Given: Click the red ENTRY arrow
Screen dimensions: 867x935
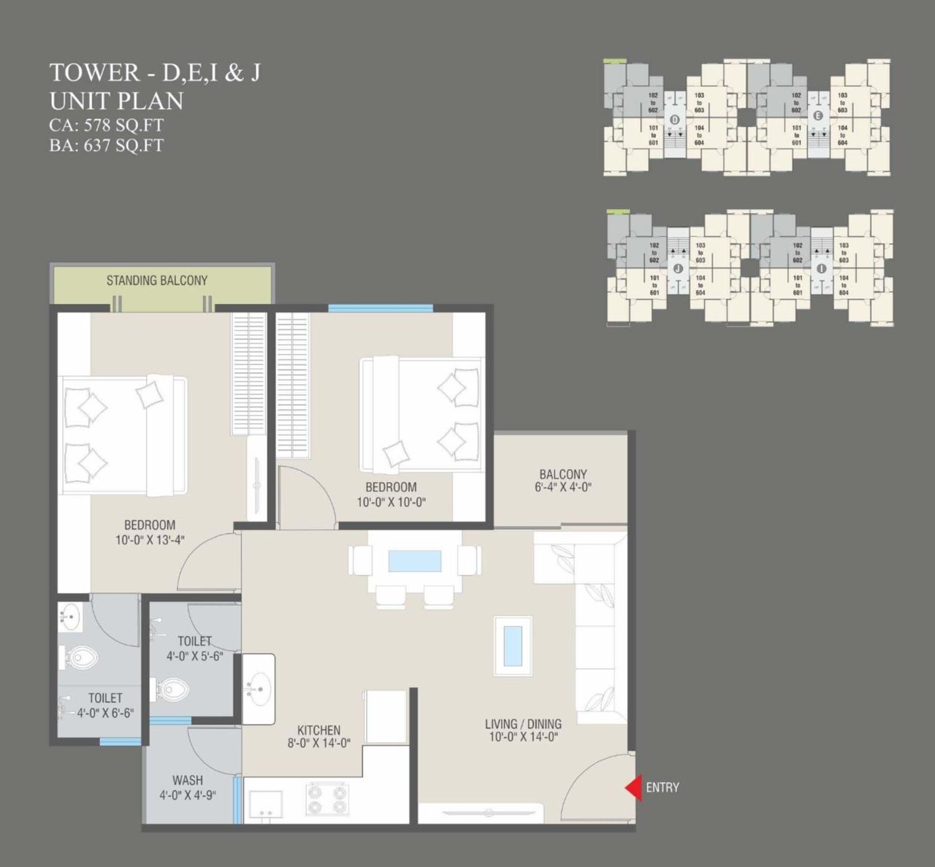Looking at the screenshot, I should point(633,787).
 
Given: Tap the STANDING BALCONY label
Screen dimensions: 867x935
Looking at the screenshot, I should point(156,280).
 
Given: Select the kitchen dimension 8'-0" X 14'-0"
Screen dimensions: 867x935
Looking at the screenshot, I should point(318,744).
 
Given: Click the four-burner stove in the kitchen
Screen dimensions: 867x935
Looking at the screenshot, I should point(327,798).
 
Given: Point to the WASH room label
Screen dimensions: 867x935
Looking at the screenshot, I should point(188,780).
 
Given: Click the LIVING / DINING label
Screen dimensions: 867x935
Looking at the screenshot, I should point(523,724).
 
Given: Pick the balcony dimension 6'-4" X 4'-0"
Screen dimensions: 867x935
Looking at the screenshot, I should point(562,487).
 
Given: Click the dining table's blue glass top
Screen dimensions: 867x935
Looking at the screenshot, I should point(415,560).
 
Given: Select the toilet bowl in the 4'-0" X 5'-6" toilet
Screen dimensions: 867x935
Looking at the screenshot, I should point(174,688).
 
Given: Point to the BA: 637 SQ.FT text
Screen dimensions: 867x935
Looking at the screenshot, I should point(107,145).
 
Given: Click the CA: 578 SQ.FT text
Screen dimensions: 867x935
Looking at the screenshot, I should point(107,125).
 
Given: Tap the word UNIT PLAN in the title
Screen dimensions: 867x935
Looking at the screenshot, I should point(116,101).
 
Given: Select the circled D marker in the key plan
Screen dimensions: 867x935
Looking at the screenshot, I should point(674,120).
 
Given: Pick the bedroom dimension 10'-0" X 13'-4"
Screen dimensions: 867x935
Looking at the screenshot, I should point(149,540).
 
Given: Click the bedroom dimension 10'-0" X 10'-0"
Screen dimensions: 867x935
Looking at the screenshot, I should point(392,502).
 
